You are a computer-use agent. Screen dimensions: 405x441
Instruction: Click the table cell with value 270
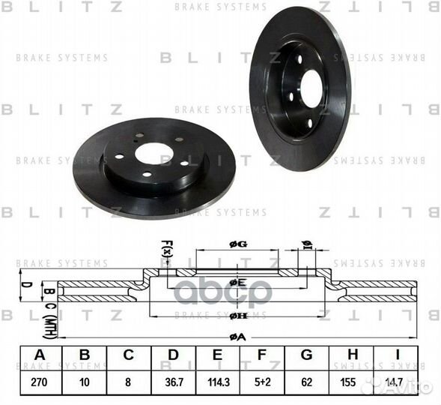pyautogui.click(x=40, y=381)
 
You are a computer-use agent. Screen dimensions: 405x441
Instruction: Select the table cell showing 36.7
pyautogui.click(x=174, y=381)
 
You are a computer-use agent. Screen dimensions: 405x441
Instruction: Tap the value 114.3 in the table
pyautogui.click(x=219, y=381)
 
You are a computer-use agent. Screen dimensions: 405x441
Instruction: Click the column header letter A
pyautogui.click(x=40, y=355)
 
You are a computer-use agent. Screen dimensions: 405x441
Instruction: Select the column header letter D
pyautogui.click(x=174, y=355)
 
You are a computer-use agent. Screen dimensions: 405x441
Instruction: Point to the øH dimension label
pyautogui.click(x=238, y=316)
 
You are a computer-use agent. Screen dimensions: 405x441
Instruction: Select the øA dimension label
pyautogui.click(x=238, y=337)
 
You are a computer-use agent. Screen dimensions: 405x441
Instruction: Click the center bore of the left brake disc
pyautogui.click(x=156, y=153)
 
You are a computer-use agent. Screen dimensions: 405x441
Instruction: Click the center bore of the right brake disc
pyautogui.click(x=310, y=91)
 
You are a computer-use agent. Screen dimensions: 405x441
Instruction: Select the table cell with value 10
pyautogui.click(x=85, y=381)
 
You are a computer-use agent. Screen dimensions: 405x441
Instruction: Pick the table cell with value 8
pyautogui.click(x=129, y=381)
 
